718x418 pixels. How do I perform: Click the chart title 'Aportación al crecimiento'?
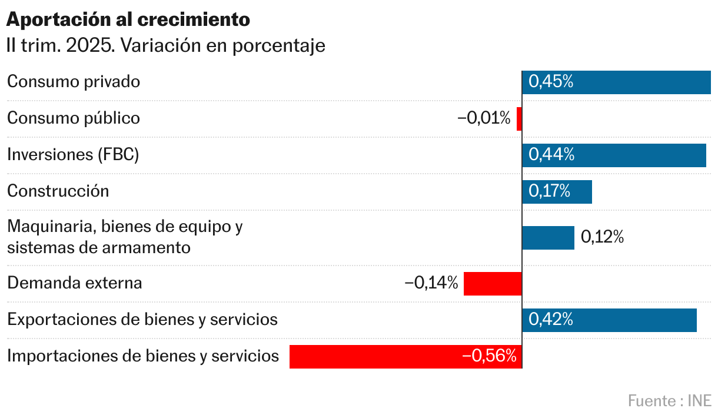pyautogui.click(x=128, y=19)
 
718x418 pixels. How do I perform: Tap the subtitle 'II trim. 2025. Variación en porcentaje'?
pyautogui.click(x=166, y=46)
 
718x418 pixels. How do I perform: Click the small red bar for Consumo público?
pyautogui.click(x=519, y=119)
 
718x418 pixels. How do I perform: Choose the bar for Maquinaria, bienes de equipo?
pyautogui.click(x=548, y=238)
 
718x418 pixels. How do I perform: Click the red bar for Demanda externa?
pyautogui.click(x=493, y=284)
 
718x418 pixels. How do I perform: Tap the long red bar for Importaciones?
pyautogui.click(x=377, y=357)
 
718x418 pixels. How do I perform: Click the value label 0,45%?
pyautogui.click(x=551, y=82)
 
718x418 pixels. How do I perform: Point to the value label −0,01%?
pyautogui.click(x=484, y=118)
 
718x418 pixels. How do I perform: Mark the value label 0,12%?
pyautogui.click(x=602, y=237)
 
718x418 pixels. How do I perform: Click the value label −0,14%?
pyautogui.click(x=431, y=283)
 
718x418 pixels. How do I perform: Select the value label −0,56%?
pyautogui.click(x=489, y=356)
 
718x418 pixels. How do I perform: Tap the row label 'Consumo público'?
pyautogui.click(x=74, y=118)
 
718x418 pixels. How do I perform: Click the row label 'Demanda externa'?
pyautogui.click(x=75, y=283)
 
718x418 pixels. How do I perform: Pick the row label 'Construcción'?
pyautogui.click(x=58, y=191)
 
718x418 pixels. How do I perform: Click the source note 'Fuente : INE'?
pyautogui.click(x=670, y=401)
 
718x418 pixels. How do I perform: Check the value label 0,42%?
pyautogui.click(x=551, y=320)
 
